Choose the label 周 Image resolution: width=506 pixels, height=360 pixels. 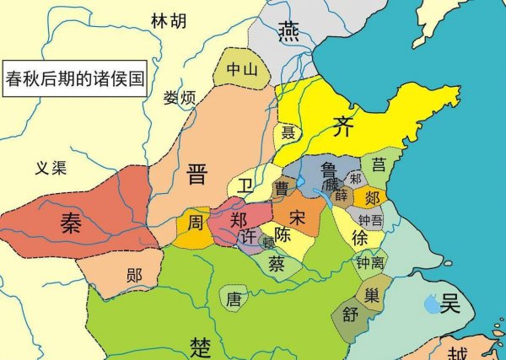click(195, 223)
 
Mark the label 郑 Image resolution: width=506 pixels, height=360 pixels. click(239, 219)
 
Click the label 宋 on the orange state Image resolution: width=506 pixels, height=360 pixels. click(296, 217)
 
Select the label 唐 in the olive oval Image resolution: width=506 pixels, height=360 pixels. click(234, 298)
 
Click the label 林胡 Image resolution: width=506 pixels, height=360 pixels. click(170, 20)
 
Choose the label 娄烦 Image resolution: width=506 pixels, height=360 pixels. click(180, 98)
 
